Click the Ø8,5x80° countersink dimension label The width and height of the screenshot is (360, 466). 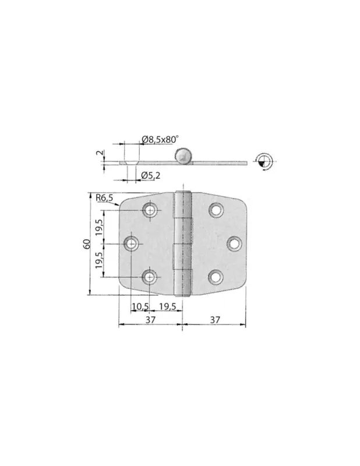tap(160, 139)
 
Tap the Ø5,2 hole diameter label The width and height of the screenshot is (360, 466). tap(151, 175)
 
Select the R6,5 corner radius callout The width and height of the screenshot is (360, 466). tap(104, 197)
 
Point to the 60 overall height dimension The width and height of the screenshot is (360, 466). tap(87, 244)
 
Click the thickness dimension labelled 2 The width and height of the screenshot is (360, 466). tap(100, 153)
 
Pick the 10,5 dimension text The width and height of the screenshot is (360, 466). tap(140, 306)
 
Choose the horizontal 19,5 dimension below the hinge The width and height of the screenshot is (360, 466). tap(168, 306)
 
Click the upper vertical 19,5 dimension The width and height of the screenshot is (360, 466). tap(99, 227)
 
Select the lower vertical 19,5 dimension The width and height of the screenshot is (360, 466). tap(99, 260)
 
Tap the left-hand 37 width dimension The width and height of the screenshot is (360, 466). tap(150, 320)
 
